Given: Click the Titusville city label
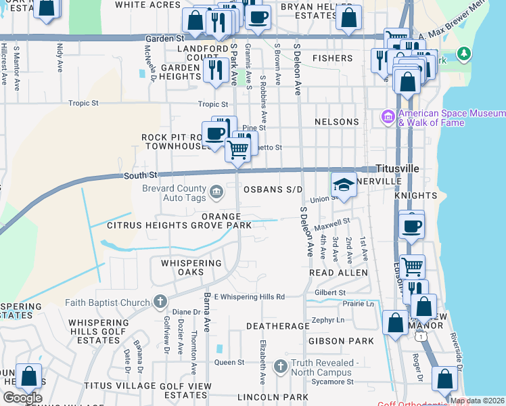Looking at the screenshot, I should click(398, 168).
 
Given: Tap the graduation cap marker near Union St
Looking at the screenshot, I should click(344, 185).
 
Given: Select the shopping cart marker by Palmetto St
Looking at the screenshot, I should click(237, 148).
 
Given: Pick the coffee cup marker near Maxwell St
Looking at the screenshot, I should click(411, 225).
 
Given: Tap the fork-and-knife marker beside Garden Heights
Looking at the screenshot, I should click(216, 70).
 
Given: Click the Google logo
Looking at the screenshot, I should click(22, 398).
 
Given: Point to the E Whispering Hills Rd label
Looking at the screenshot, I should click(249, 297).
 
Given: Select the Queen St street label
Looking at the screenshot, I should click(229, 363).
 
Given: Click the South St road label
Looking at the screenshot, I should click(140, 175).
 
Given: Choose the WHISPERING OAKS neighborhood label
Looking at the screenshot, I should click(191, 267).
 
